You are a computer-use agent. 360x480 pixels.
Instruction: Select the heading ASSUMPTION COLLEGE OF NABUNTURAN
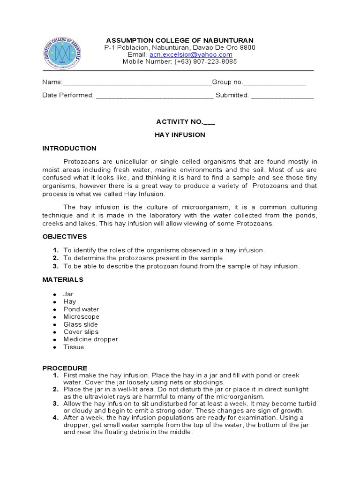180,40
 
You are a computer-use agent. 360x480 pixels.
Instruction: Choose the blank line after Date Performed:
155,96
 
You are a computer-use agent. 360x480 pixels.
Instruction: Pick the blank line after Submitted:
282,96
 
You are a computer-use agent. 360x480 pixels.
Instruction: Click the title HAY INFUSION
180,135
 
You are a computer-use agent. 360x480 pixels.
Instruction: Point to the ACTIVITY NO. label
180,122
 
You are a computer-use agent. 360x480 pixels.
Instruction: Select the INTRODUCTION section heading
69,148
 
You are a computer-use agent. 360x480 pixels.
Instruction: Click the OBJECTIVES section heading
65,236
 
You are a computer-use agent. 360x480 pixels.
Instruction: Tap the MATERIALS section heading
63,279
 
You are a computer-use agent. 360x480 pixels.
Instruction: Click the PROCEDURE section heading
65,368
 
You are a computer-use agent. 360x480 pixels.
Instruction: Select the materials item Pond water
82,309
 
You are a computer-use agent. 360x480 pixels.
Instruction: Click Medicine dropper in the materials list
91,339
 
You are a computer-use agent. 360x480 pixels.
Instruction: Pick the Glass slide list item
81,324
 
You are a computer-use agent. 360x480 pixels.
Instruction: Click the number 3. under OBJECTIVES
55,266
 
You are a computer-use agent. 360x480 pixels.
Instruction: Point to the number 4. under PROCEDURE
55,418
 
